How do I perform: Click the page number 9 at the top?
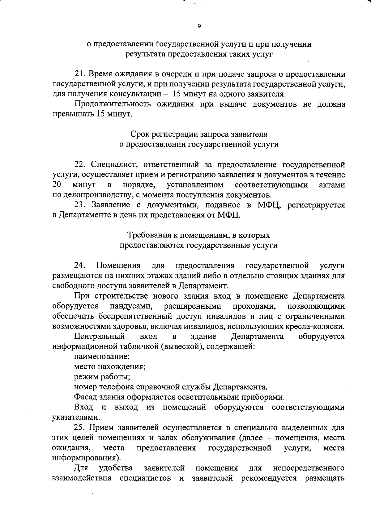point(199,26)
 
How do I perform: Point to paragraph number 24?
point(79,265)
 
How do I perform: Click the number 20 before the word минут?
point(56,185)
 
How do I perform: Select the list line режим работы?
point(102,377)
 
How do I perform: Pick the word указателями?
point(76,418)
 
